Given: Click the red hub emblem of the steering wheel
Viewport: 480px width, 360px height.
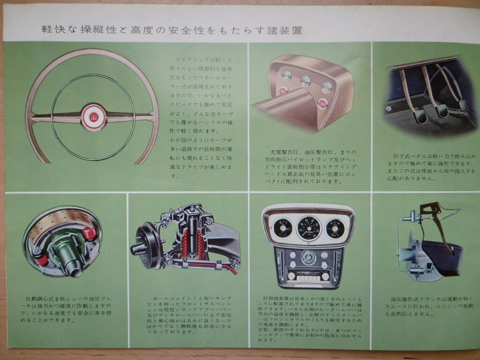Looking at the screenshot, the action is click(x=92, y=113).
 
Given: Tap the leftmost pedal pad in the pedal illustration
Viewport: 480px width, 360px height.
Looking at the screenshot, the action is click(x=416, y=112).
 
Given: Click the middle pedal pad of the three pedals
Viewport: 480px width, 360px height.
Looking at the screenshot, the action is click(x=441, y=111).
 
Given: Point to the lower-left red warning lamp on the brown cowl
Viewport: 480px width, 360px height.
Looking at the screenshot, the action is click(x=283, y=91).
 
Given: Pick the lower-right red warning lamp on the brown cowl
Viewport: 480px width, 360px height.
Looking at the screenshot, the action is click(x=322, y=103).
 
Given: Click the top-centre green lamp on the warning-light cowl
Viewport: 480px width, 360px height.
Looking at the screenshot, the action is click(x=306, y=81).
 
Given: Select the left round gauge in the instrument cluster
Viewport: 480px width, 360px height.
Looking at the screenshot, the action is click(x=283, y=228).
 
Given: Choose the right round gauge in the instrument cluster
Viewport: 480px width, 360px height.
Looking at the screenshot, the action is click(x=335, y=228).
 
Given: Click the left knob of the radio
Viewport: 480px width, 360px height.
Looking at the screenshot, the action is click(x=291, y=276).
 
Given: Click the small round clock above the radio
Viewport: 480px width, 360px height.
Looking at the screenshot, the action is click(x=309, y=257).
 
